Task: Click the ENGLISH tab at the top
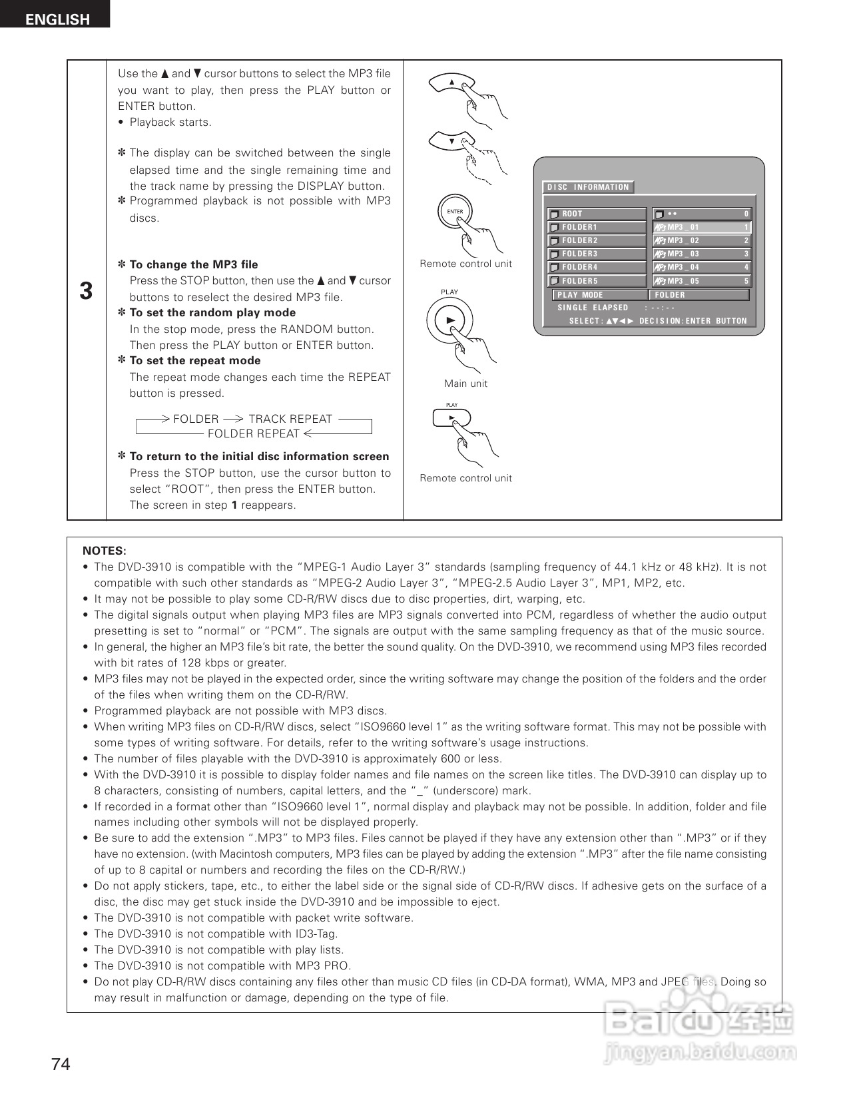(x=56, y=18)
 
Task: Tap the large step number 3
(x=86, y=292)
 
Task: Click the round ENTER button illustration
(x=455, y=212)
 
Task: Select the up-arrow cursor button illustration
(x=451, y=83)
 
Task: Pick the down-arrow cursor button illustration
(x=451, y=140)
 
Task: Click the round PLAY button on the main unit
(x=450, y=321)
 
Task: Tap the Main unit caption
(x=465, y=384)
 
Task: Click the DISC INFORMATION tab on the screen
(x=588, y=187)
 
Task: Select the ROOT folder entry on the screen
(x=597, y=214)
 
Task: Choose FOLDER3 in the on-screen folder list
(x=597, y=254)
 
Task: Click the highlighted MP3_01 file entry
(x=702, y=227)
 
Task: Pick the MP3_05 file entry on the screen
(x=702, y=281)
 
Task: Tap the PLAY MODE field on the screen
(x=599, y=295)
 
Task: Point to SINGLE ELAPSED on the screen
(x=593, y=308)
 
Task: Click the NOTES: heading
(x=104, y=551)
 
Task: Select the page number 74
(x=61, y=1065)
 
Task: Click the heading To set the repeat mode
(x=195, y=361)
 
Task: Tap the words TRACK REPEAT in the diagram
(x=290, y=419)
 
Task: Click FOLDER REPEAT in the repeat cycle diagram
(x=254, y=433)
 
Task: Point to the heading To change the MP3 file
(x=194, y=264)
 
